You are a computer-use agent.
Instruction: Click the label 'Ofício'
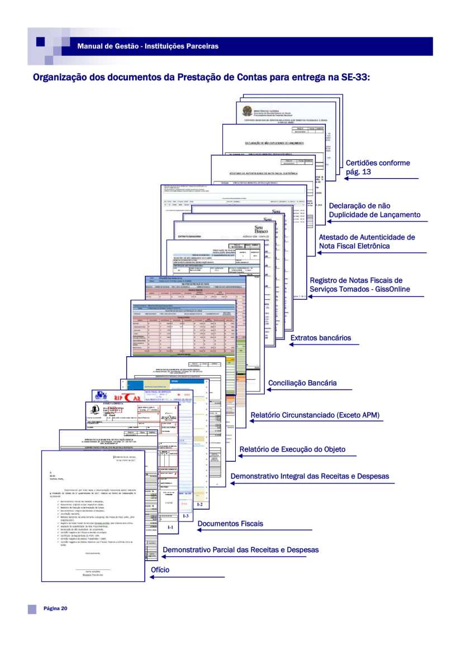[x=160, y=570]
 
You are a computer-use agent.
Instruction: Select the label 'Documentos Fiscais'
[x=230, y=524]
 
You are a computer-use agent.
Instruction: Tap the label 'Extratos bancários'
[x=321, y=338]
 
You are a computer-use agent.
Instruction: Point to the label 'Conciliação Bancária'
[x=310, y=384]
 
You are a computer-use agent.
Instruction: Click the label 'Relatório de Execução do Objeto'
[x=292, y=449]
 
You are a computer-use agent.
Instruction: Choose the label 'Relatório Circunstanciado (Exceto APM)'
[x=316, y=416]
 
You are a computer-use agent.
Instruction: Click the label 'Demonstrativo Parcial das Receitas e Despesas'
[x=240, y=550]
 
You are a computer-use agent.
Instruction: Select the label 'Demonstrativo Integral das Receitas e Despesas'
[x=310, y=476]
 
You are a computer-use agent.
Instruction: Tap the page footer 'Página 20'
[x=55, y=608]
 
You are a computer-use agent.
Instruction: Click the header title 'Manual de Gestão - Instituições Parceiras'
[x=148, y=46]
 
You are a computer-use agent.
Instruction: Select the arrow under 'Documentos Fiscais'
[x=246, y=530]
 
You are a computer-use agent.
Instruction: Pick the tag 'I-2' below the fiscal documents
[x=200, y=504]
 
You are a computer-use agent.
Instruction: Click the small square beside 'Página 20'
[x=32, y=608]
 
